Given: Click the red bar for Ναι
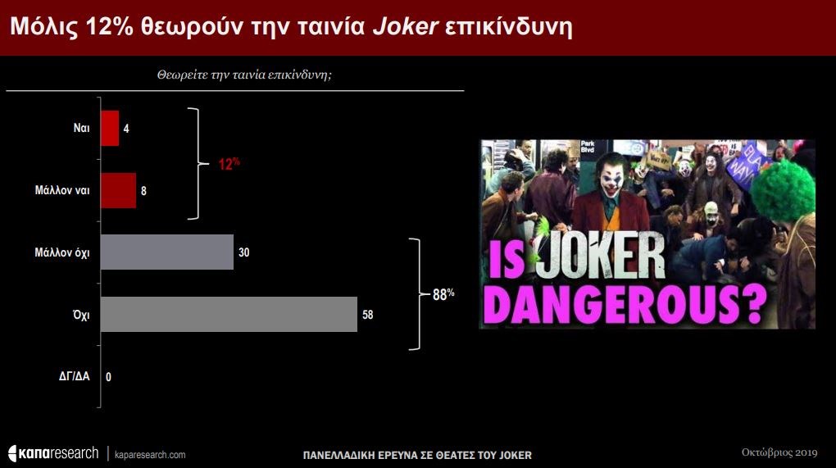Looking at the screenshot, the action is (110, 129).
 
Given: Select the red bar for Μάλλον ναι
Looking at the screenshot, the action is (118, 190).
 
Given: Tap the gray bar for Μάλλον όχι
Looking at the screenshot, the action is (167, 252).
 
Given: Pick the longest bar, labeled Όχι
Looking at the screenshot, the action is (229, 315).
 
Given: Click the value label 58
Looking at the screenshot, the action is (368, 315).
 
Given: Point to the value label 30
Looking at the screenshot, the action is (244, 252).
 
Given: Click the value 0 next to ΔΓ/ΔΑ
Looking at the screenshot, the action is (109, 377).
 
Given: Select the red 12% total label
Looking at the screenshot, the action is (229, 164).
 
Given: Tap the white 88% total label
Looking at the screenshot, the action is (443, 294).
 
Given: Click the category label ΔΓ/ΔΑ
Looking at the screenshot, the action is (74, 377).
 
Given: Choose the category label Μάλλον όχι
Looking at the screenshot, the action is (61, 252).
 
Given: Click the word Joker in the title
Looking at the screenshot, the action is (405, 27).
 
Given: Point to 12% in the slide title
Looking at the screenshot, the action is (109, 27).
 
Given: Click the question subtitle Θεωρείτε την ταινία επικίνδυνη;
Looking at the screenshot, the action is (244, 75).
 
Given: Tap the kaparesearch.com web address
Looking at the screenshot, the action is (150, 455).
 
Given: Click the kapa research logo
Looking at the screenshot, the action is (53, 453).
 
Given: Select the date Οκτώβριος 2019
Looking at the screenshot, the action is (779, 452).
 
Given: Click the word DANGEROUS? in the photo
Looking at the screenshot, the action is (627, 304).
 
